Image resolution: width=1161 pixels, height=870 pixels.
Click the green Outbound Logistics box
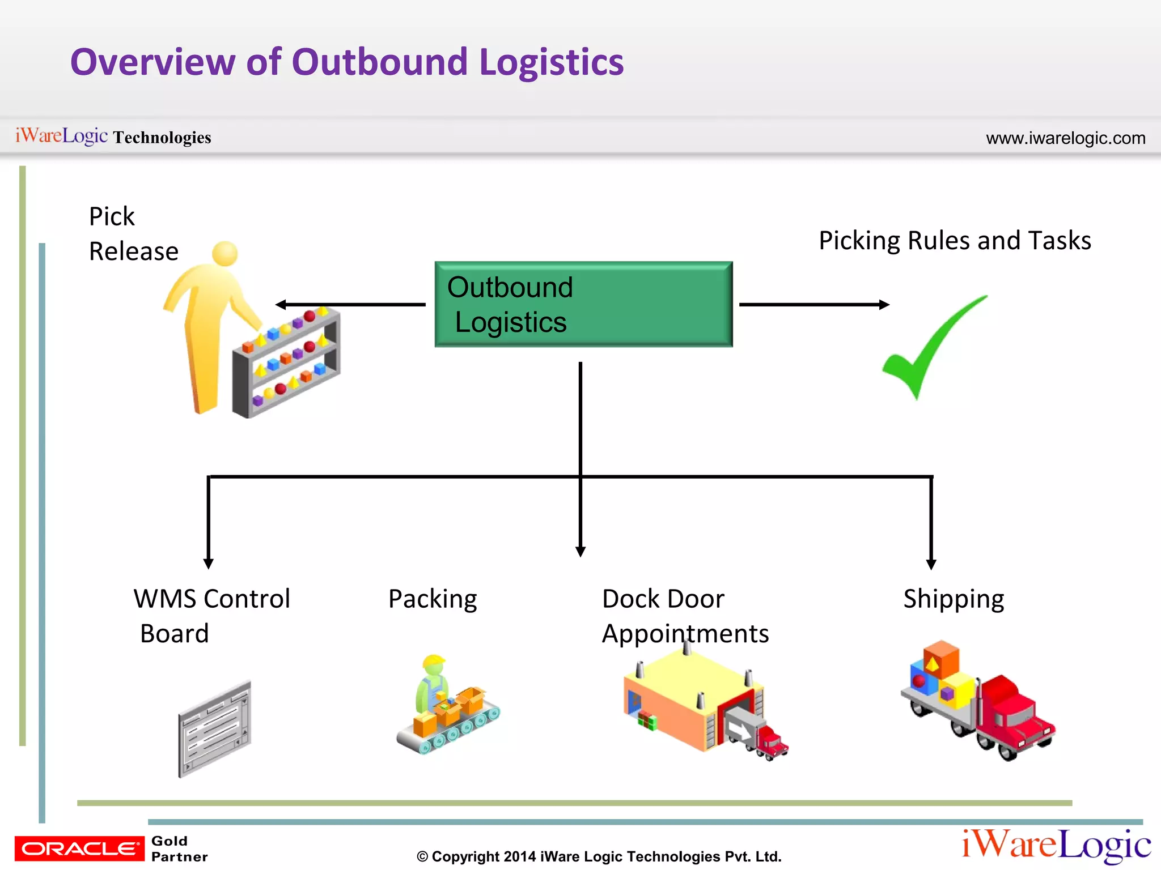click(x=583, y=304)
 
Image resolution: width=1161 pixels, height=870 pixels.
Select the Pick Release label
click(x=133, y=233)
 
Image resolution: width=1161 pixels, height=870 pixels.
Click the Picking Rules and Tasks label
click(x=955, y=240)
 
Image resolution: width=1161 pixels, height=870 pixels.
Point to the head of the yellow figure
click(x=225, y=253)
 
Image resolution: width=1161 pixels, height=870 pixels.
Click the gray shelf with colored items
click(x=286, y=362)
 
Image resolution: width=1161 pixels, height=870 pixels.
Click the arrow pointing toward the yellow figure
click(x=350, y=305)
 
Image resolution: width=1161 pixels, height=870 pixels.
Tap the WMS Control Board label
click(x=211, y=616)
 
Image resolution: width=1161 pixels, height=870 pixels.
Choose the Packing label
click(x=433, y=599)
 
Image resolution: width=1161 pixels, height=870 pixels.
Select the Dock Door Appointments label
click(x=685, y=616)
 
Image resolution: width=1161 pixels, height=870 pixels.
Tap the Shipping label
click(x=954, y=599)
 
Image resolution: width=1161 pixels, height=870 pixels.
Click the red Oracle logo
click(x=79, y=848)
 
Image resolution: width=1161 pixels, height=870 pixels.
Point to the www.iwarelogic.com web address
click(x=1065, y=138)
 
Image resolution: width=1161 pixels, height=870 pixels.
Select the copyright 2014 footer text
click(x=599, y=856)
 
